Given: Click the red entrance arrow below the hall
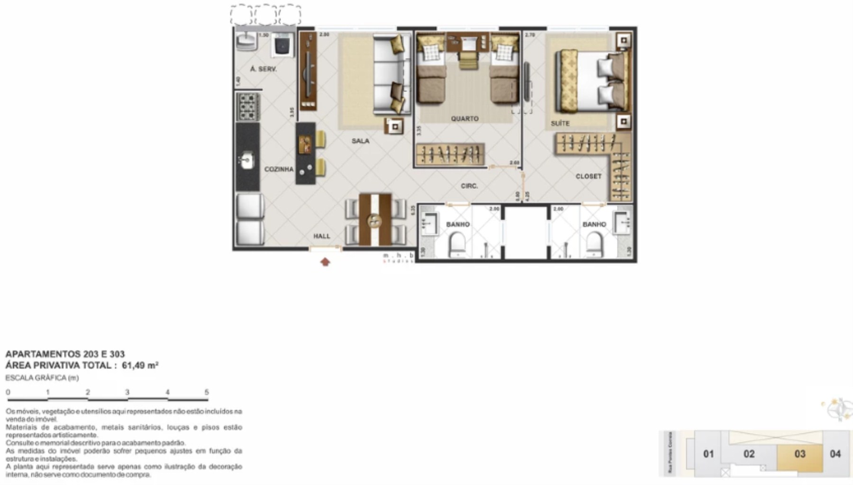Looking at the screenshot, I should click(x=325, y=262).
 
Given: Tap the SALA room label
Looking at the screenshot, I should click(x=360, y=141).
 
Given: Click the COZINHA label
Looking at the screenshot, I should click(x=279, y=169).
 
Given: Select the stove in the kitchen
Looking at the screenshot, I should click(x=247, y=107).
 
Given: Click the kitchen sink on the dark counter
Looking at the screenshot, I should click(x=247, y=160).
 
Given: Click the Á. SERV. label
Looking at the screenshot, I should click(x=263, y=69).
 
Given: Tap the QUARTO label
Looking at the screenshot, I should click(x=464, y=118).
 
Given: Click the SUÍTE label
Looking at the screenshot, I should click(x=560, y=123).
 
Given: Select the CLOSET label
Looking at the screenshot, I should click(x=588, y=176).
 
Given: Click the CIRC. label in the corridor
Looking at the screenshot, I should click(x=469, y=186).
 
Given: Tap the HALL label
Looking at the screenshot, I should click(x=321, y=236).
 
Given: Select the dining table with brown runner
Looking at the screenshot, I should click(x=375, y=220).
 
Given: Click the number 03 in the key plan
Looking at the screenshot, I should click(x=800, y=454).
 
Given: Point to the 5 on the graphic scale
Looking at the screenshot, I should click(x=207, y=392).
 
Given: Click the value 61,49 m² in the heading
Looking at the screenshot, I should click(x=140, y=365).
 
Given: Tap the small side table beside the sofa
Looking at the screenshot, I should click(x=394, y=126).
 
